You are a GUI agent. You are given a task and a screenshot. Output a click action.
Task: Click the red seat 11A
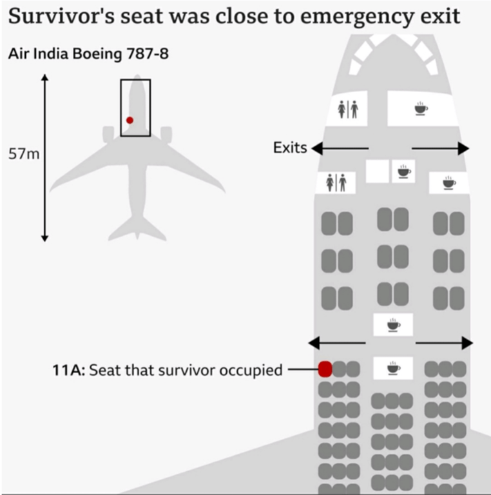coord(325,369)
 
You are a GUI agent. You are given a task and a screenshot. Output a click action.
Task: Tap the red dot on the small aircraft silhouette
coord(130,120)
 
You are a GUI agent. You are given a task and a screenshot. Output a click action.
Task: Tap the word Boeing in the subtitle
coord(99,53)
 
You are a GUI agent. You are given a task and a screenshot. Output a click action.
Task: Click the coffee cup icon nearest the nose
coord(420,108)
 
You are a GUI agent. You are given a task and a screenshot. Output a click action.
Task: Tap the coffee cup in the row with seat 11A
coord(393,368)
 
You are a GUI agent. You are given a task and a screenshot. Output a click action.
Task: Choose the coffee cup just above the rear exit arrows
coord(393,324)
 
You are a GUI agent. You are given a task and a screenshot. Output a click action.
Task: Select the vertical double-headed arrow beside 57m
coord(45,158)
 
